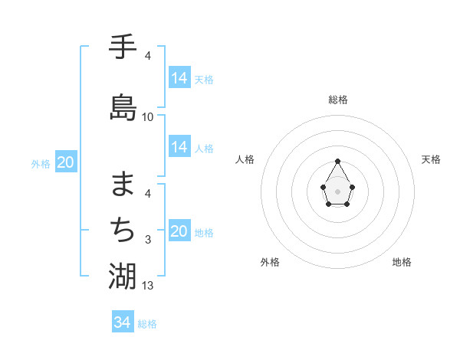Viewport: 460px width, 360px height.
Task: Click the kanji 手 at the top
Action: click(123, 48)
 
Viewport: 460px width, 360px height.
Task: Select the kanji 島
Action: click(123, 106)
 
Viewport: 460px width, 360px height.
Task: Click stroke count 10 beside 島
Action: click(148, 116)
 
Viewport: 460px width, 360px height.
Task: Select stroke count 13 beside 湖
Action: click(148, 286)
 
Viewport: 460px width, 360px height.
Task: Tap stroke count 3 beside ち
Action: click(148, 240)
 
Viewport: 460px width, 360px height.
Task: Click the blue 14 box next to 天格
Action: click(179, 78)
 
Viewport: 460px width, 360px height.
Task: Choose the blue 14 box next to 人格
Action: click(179, 147)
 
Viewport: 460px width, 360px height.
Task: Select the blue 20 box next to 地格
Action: click(179, 232)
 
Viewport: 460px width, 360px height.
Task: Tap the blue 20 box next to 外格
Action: click(66, 162)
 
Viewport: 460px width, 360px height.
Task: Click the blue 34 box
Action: click(123, 322)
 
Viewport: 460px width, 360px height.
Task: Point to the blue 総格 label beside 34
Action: click(147, 324)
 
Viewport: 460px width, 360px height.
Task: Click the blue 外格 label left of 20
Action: click(41, 163)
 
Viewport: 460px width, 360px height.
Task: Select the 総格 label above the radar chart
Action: click(338, 100)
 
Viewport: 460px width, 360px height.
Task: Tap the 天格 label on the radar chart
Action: click(432, 159)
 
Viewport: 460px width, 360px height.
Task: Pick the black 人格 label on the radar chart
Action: click(245, 159)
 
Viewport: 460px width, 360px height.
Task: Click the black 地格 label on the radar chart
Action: click(402, 262)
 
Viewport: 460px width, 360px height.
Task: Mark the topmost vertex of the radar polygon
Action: click(338, 161)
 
